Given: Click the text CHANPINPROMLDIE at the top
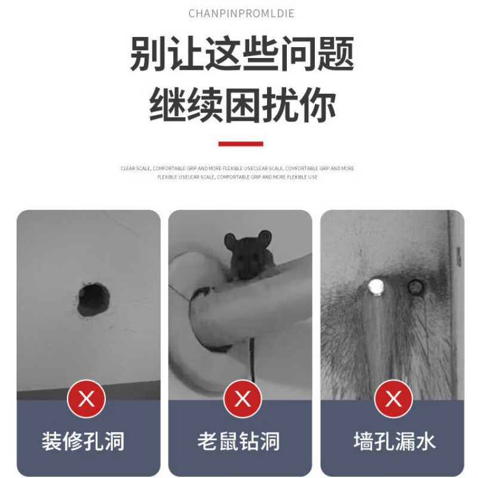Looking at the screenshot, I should (x=241, y=13).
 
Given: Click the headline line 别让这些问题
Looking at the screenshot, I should (x=241, y=54).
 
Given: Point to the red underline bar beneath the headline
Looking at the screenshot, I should (x=241, y=143).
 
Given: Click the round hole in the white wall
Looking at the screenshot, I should (x=94, y=299).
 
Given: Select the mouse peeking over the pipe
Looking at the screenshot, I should (x=246, y=256).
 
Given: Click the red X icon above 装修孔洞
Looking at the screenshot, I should (x=87, y=399).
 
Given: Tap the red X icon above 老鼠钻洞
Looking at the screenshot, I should (x=242, y=399).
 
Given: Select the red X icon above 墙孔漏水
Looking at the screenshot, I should (x=393, y=399).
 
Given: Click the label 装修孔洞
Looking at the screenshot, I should (x=83, y=442).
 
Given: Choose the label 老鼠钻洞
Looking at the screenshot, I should (x=239, y=442).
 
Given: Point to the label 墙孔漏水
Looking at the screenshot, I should (x=394, y=442).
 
